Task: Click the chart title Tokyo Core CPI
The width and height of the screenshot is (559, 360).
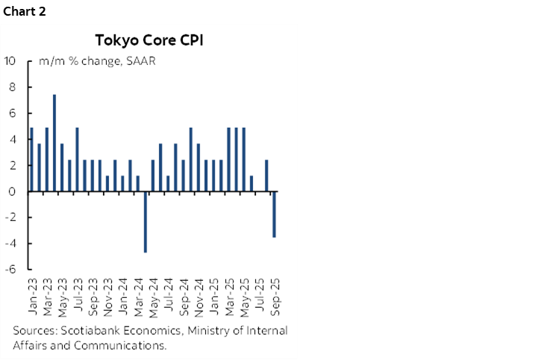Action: click(x=149, y=39)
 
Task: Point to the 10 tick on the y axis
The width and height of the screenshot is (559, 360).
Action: click(x=10, y=61)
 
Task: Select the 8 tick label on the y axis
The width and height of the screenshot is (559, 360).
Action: click(x=13, y=87)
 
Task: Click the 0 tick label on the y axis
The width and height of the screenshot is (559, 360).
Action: click(x=13, y=191)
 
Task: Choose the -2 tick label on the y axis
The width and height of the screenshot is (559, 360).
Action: click(x=10, y=217)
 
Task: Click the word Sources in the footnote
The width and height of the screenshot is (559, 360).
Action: click(x=32, y=330)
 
